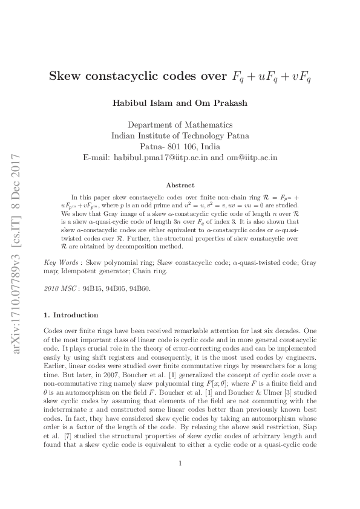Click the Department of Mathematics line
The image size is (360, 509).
180,125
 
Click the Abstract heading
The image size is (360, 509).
180,185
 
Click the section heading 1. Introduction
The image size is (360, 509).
71,315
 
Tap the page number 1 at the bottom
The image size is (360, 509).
180,481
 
